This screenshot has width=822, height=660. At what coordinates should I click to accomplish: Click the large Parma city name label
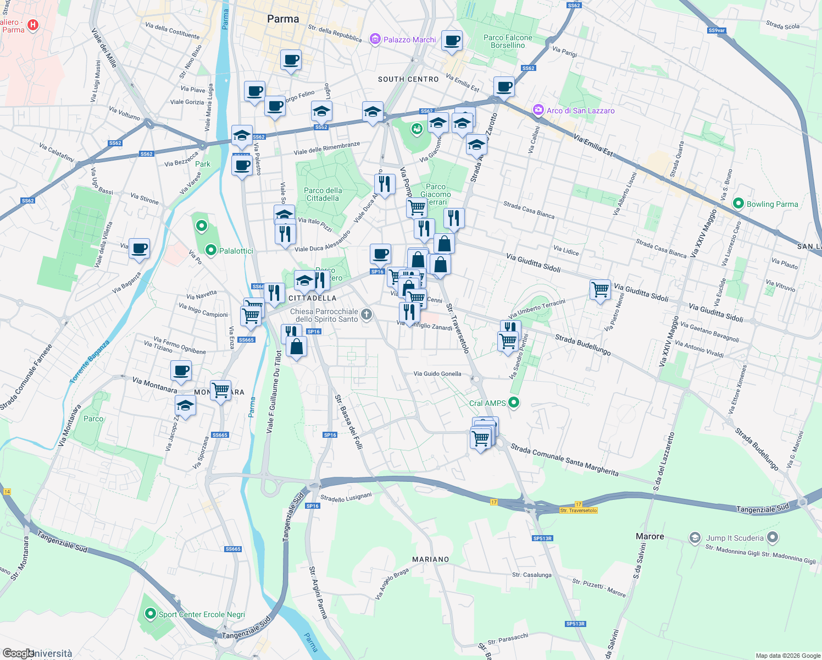coord(283,19)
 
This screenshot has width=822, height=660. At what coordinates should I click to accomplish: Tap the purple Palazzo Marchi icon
coord(375,39)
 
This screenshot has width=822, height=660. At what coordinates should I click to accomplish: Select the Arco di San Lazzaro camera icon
coord(538,110)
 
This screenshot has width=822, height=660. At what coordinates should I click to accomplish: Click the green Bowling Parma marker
coord(738,204)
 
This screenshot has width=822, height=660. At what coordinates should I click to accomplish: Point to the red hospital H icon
coord(33,25)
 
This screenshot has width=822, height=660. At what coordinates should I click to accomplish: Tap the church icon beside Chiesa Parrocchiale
coord(366,315)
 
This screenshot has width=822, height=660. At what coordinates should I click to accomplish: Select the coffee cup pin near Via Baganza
coord(140,248)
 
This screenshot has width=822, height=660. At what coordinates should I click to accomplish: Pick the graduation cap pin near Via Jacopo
coord(185,406)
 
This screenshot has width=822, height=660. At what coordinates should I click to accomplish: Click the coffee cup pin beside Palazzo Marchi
coord(452,40)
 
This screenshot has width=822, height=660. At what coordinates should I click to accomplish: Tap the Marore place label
coord(649,536)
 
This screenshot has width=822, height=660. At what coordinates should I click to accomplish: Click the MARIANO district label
coord(430,559)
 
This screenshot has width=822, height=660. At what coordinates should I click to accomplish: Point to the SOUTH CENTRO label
coord(408,79)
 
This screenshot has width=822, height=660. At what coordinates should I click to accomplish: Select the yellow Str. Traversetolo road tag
coord(578,510)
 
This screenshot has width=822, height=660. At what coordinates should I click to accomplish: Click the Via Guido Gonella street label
coord(437,373)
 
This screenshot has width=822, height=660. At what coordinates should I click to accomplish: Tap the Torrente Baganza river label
coord(90,361)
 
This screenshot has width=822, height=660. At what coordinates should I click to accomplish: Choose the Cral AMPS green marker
coord(514,403)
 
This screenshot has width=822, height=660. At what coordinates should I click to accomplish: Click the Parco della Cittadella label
coord(323,194)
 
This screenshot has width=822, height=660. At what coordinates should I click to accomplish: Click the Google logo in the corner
coord(18,653)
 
